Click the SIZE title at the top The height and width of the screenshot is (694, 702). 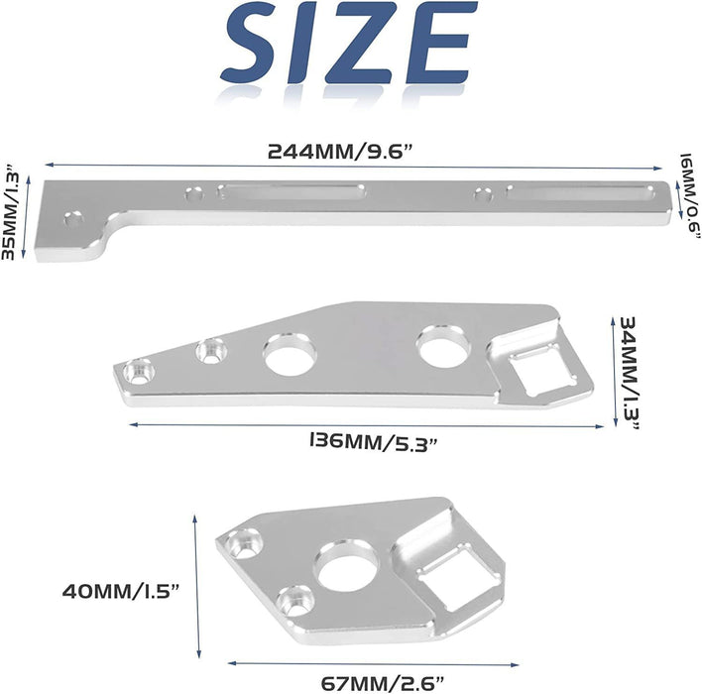348,43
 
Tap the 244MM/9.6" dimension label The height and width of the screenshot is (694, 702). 339,152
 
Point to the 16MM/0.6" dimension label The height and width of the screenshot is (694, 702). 689,196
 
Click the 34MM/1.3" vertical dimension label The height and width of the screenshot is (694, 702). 628,372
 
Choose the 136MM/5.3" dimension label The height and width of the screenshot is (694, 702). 373,442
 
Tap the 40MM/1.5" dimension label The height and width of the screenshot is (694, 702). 120,592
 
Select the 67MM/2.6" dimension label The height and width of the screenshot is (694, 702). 383,684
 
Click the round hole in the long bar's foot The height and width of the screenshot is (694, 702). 74,219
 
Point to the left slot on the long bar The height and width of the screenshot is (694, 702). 291,191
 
